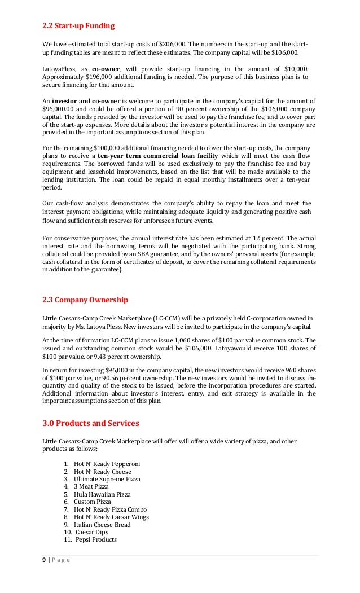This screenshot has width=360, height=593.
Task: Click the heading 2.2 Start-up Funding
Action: (x=78, y=25)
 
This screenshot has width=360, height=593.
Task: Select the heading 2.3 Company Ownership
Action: (x=85, y=300)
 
